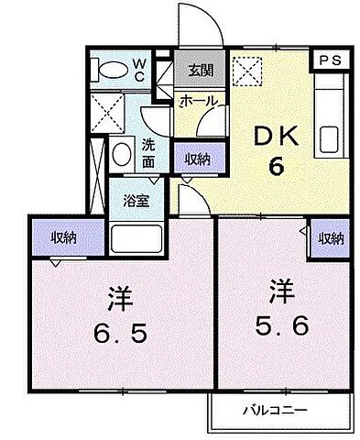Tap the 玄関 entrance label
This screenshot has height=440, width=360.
coord(201,71)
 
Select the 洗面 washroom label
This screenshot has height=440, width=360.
coord(152,152)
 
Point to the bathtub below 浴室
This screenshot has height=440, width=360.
coord(137,239)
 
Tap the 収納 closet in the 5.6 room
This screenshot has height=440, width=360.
coord(331,238)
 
